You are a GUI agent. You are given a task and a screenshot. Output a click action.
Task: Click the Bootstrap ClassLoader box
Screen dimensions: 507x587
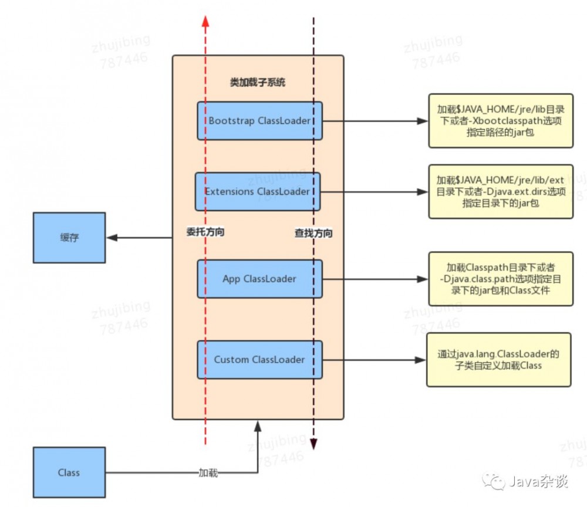pyautogui.click(x=259, y=121)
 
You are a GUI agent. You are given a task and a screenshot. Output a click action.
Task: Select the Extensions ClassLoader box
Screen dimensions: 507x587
pyautogui.click(x=258, y=191)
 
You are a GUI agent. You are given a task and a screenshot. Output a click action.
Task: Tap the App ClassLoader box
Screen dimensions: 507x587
pyautogui.click(x=259, y=279)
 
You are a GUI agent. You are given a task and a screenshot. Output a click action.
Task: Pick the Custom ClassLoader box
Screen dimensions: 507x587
pyautogui.click(x=259, y=359)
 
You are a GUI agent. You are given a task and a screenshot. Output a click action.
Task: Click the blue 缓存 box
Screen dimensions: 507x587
pyautogui.click(x=69, y=238)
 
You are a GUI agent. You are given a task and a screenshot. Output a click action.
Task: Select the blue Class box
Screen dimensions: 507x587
pyautogui.click(x=69, y=472)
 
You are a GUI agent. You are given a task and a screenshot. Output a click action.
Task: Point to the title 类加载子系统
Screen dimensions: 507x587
pyautogui.click(x=257, y=83)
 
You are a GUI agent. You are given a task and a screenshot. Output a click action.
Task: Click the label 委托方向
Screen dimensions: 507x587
pyautogui.click(x=205, y=232)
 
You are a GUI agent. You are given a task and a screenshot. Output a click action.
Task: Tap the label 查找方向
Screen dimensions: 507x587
pyautogui.click(x=313, y=233)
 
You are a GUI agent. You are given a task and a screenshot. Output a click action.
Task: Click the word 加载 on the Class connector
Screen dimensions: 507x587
pyautogui.click(x=208, y=472)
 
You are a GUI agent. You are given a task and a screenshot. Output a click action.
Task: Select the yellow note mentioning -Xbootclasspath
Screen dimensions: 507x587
pyautogui.click(x=500, y=120)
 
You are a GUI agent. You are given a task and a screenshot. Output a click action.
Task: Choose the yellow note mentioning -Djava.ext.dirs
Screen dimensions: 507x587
pyautogui.click(x=500, y=191)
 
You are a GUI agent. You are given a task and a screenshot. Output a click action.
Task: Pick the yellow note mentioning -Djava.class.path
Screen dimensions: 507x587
pyautogui.click(x=500, y=279)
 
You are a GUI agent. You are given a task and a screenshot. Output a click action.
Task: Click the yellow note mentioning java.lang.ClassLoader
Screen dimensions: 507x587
pyautogui.click(x=498, y=359)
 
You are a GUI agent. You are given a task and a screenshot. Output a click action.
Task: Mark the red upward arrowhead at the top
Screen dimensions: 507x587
pyautogui.click(x=205, y=21)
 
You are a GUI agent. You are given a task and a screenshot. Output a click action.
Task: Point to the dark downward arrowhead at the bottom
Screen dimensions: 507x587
pyautogui.click(x=314, y=443)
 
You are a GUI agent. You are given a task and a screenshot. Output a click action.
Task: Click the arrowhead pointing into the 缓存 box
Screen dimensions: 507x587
pyautogui.click(x=112, y=238)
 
